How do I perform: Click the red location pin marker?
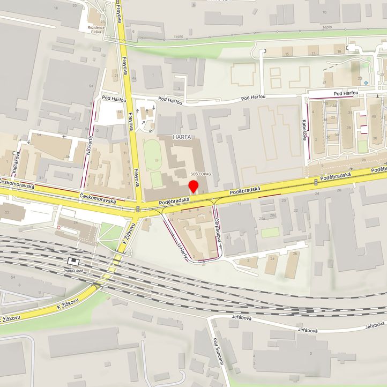click(x=193, y=187)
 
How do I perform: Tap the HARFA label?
click(x=182, y=138)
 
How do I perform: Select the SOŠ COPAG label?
click(x=201, y=175)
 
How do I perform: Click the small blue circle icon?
click(x=366, y=83)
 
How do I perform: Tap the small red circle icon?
click(x=59, y=227)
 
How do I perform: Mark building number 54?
click(x=12, y=277)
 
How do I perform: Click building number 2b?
click(x=295, y=254)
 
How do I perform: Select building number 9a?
click(x=91, y=86)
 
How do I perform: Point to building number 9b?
click(x=363, y=160)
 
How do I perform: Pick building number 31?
click(x=41, y=178)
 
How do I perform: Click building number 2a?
click(x=272, y=258)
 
